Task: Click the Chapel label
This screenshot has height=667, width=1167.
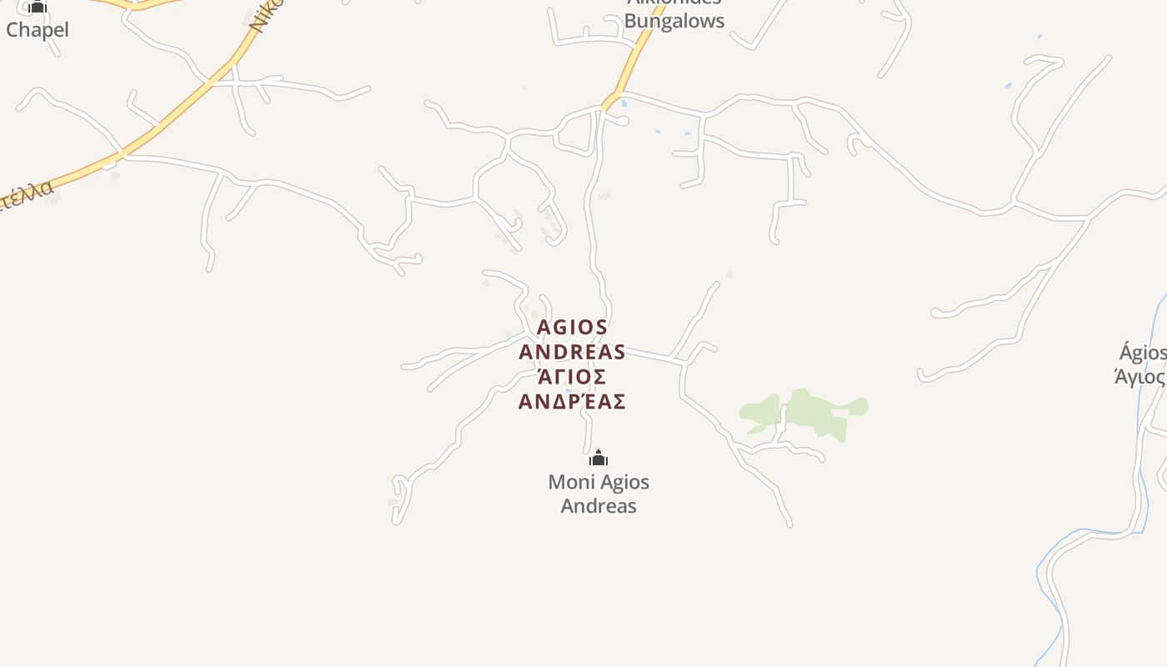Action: click(x=38, y=30)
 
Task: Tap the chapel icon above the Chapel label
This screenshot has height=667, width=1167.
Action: click(x=38, y=8)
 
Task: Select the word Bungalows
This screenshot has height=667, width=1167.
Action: click(x=674, y=21)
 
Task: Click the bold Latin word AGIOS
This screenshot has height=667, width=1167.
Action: click(x=572, y=327)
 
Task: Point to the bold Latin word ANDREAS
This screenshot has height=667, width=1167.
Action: click(x=572, y=352)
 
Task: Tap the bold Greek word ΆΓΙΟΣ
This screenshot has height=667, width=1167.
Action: click(x=572, y=377)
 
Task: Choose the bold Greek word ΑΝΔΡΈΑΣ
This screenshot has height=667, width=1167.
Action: click(x=572, y=402)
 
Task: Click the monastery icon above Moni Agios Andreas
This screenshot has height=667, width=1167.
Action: click(x=599, y=458)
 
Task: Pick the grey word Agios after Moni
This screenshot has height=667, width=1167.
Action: click(x=624, y=482)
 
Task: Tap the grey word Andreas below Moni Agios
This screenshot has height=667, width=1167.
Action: click(x=599, y=506)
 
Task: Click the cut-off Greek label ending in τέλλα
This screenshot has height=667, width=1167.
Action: click(x=27, y=195)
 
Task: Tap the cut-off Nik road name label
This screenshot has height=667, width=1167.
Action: click(x=266, y=16)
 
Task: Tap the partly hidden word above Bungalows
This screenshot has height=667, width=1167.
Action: click(x=674, y=3)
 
